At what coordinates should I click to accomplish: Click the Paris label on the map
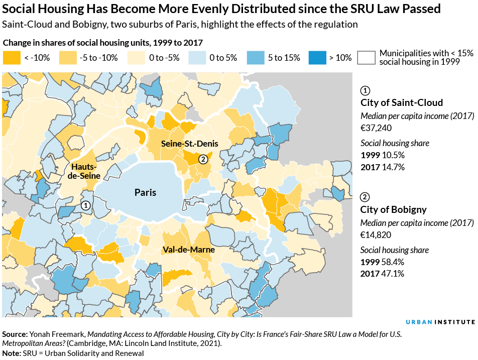(x=145, y=192)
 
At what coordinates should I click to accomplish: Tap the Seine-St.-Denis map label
(x=186, y=144)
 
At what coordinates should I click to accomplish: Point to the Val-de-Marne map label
(x=188, y=250)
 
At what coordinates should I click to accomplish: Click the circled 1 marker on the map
(x=86, y=205)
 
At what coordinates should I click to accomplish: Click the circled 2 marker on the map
(x=203, y=159)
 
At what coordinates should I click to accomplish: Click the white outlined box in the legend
(x=367, y=58)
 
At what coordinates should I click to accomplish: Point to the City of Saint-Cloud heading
(x=402, y=103)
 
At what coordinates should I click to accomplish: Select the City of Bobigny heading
(x=393, y=210)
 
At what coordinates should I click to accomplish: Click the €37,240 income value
(x=376, y=128)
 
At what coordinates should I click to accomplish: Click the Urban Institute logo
(x=440, y=322)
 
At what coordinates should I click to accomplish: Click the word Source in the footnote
(x=15, y=334)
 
